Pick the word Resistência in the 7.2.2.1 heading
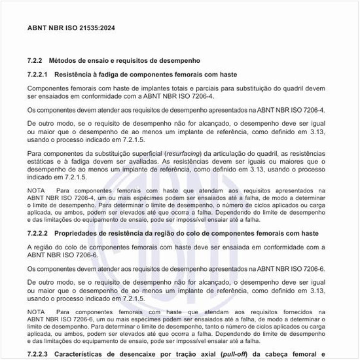pyautogui.click(x=75, y=74)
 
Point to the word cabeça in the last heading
pyautogui.click(x=293, y=353)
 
